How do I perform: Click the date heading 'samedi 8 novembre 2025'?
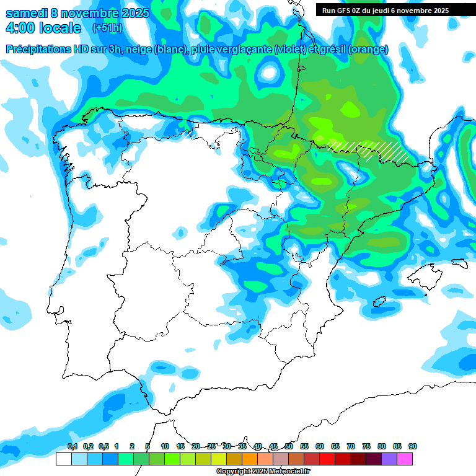[x=77, y=13]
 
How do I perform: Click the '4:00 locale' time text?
[x=43, y=28]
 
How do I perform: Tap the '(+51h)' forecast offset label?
[x=107, y=28]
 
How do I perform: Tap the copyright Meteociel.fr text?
[x=263, y=472]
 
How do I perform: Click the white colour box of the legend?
[x=63, y=459]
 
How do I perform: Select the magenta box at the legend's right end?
[x=405, y=459]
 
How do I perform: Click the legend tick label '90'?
[x=413, y=446]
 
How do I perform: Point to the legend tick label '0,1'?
[x=73, y=446]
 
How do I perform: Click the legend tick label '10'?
[x=165, y=446]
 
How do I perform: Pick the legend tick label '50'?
[x=289, y=446]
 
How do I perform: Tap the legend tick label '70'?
[x=351, y=446]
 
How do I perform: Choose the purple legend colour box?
[x=390, y=459]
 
